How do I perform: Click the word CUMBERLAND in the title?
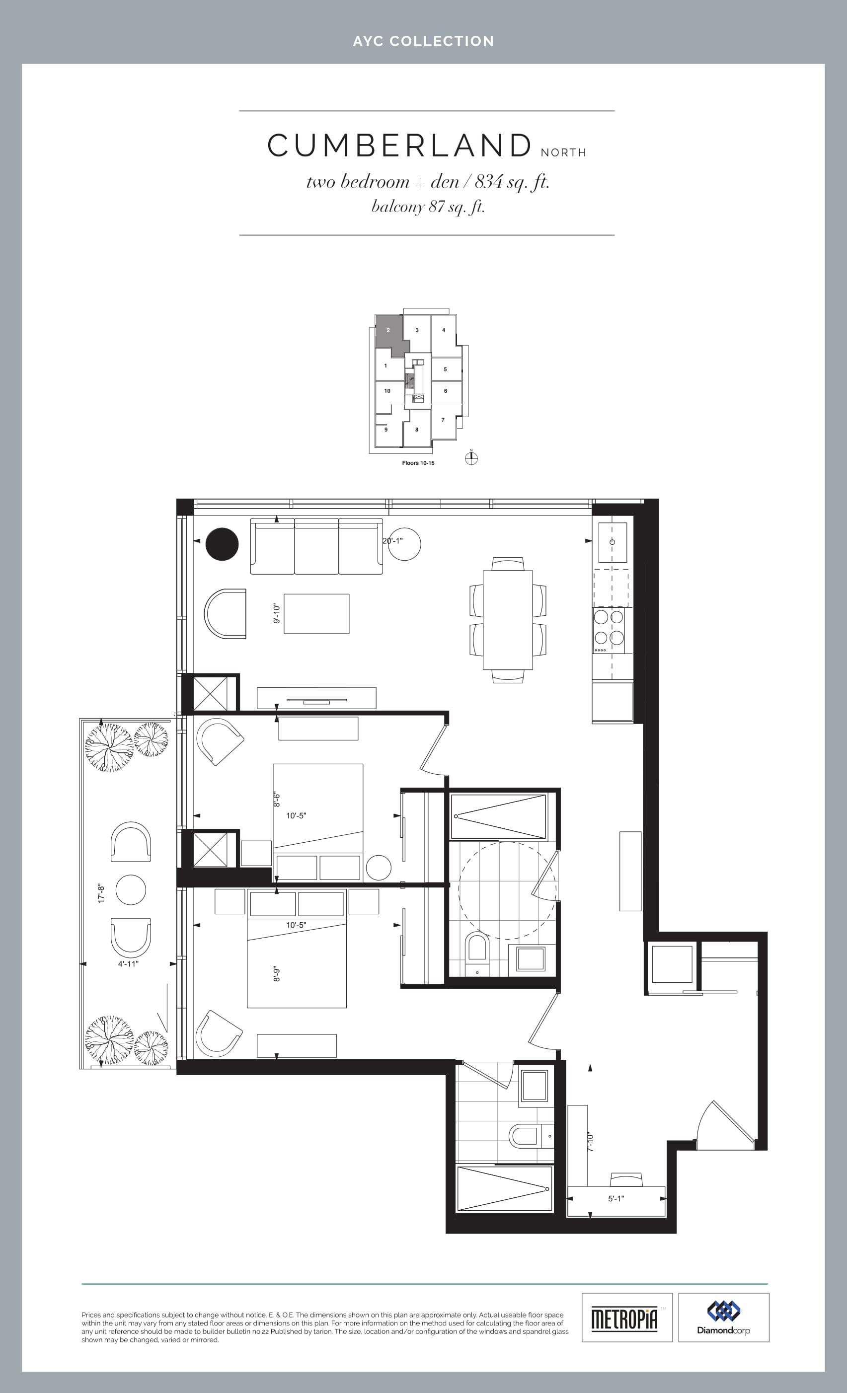400,146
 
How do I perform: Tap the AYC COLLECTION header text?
423,41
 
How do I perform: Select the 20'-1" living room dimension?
392,541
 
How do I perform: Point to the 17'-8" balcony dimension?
101,893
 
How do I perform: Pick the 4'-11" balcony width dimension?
128,964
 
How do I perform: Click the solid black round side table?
222,544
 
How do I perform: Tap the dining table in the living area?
508,620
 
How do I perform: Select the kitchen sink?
613,542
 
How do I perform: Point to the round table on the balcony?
131,890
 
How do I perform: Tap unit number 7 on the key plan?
443,420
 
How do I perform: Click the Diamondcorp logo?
724,1317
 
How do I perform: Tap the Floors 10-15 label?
418,463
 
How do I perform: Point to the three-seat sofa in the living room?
316,546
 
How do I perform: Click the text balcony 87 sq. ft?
428,207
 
